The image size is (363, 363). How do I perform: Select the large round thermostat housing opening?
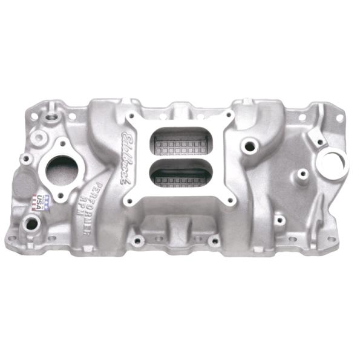[x=60, y=169]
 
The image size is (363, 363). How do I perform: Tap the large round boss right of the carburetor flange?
[x=247, y=146]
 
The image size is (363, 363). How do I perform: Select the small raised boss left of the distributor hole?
[x=302, y=175]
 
